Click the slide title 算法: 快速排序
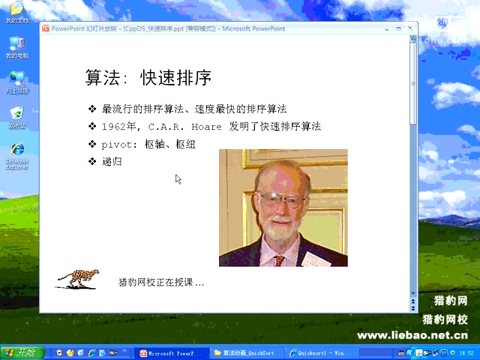point(148,78)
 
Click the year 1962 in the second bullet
point(115,126)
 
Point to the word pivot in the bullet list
point(116,144)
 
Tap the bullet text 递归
point(112,161)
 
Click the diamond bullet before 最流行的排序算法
point(92,109)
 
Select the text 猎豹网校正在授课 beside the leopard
point(161,283)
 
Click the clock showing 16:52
point(466,352)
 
